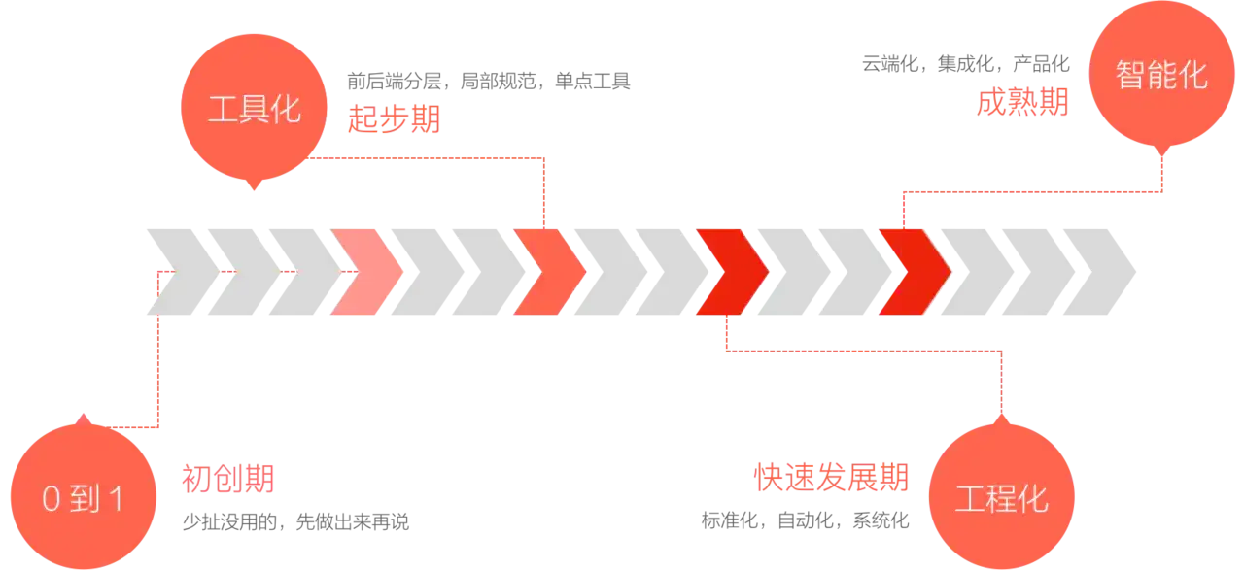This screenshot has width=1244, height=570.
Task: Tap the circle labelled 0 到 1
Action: coord(84,499)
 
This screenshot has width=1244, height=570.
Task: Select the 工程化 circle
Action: coord(1002,499)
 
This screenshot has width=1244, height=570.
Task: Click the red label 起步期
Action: coord(394,120)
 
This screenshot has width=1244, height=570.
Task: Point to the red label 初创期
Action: coord(228,478)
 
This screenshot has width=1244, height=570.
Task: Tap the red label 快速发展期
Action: coord(831,478)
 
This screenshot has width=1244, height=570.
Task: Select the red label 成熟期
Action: coord(1022,102)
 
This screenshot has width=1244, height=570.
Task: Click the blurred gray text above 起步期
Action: coord(490,82)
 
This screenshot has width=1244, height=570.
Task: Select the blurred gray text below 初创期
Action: coord(295,521)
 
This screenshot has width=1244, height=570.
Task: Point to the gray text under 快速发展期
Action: coord(805,521)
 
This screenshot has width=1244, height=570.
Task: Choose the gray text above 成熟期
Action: coord(964,66)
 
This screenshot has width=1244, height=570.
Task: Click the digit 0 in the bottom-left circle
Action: coord(52,500)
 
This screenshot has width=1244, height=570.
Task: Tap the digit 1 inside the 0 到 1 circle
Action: coord(117,500)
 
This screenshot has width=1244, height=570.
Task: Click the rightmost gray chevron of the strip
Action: coord(1098,272)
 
